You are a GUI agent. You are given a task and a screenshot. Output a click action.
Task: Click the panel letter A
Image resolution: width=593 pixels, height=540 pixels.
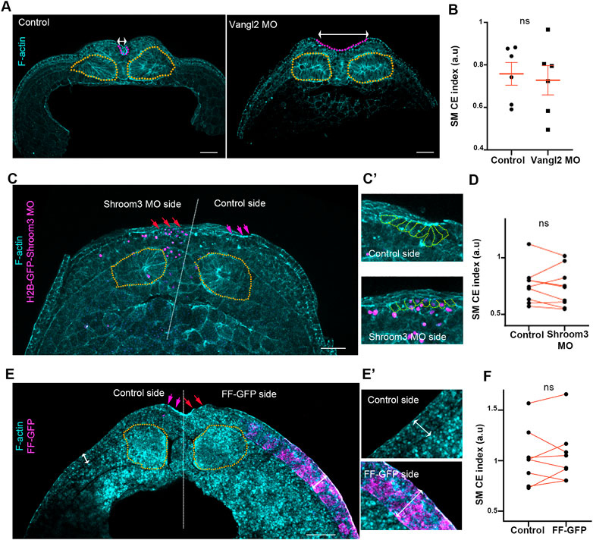point(7,6)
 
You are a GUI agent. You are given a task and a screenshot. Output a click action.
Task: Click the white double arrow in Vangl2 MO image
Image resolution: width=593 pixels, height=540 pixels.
point(344,34)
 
